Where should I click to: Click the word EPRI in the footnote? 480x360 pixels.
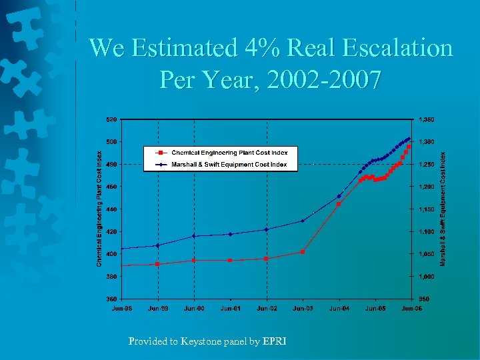(x=275, y=341)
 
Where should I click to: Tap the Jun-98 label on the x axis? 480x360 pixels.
(x=121, y=308)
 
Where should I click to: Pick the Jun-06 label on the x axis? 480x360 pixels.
(x=411, y=308)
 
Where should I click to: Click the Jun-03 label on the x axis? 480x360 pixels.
(x=303, y=308)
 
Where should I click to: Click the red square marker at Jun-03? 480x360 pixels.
(x=303, y=252)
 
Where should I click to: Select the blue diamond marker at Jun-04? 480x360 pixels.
(x=339, y=196)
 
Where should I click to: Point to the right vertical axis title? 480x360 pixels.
(x=442, y=209)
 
